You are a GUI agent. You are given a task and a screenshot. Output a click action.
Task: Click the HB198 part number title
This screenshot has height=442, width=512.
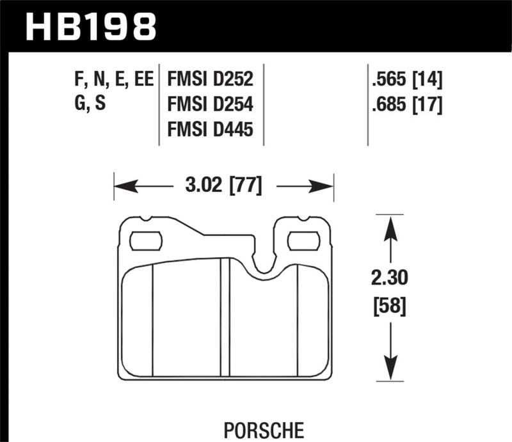tap(90, 27)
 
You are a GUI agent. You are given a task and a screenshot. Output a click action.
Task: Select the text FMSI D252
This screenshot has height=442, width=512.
tap(211, 80)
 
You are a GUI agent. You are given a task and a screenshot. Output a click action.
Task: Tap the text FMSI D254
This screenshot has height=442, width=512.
tap(211, 105)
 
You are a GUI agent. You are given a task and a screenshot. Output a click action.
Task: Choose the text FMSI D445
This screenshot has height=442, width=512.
tap(211, 130)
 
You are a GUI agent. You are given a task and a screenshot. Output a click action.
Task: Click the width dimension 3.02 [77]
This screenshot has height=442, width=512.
tap(223, 187)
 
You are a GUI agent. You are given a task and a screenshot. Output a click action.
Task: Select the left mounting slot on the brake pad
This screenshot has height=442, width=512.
tap(146, 241)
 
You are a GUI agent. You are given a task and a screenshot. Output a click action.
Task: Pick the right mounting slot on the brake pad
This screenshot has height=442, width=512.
tap(304, 241)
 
